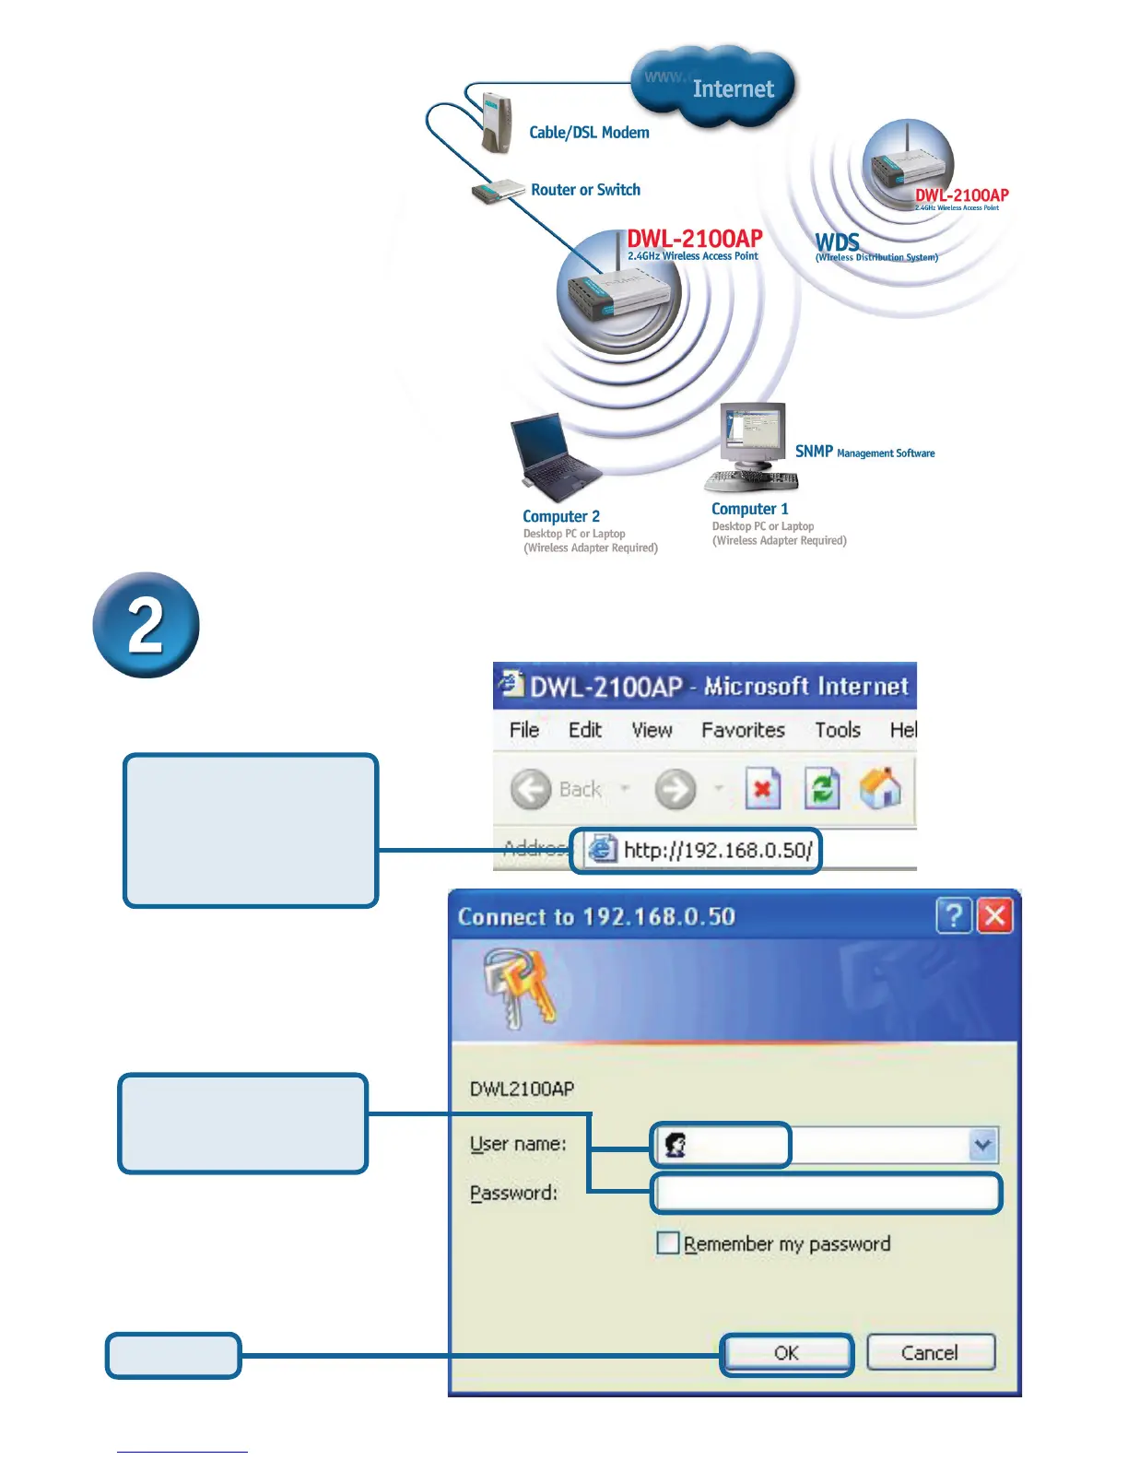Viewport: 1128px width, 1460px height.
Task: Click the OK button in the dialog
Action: coord(786,1353)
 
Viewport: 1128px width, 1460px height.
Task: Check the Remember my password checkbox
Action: coord(667,1243)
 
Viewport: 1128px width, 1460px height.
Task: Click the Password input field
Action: coord(826,1194)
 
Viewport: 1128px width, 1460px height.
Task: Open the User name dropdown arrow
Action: coord(982,1145)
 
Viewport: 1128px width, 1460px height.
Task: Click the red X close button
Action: coord(995,916)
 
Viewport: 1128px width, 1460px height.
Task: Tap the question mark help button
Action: coord(954,916)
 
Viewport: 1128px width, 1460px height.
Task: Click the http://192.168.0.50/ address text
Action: coord(717,850)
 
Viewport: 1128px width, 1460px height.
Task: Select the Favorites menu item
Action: coord(743,730)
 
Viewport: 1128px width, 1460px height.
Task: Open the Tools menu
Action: coord(837,730)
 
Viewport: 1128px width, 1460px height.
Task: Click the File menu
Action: coord(523,730)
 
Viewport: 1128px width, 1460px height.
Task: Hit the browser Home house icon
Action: coord(880,789)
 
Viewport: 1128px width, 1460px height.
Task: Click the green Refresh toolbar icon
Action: coord(822,789)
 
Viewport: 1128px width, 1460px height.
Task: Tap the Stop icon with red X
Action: coord(762,789)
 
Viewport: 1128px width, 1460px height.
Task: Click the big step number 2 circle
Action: coord(146,626)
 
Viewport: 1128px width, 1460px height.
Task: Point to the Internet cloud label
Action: coord(732,88)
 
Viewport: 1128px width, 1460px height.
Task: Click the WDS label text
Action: coord(837,241)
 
